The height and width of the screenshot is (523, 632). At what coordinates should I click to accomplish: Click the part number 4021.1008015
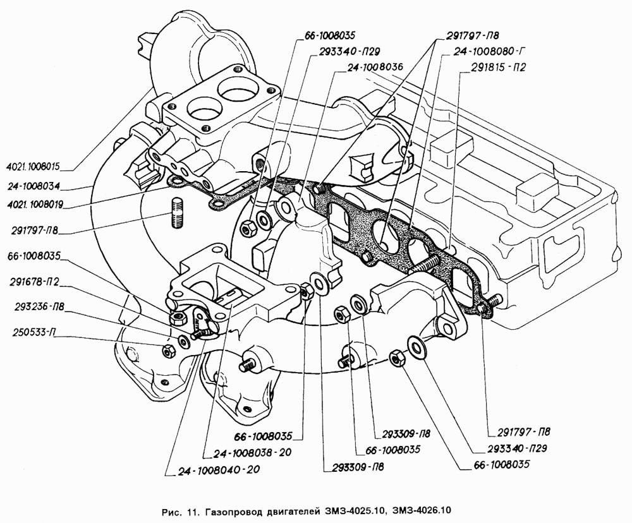[x=33, y=165]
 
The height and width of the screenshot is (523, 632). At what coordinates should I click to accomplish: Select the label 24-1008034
[x=33, y=186]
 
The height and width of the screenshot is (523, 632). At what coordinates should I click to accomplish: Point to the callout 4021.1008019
[x=35, y=205]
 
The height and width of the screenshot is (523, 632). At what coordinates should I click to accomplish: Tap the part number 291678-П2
[x=34, y=282]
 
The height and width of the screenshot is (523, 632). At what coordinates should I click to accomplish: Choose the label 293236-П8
[x=39, y=307]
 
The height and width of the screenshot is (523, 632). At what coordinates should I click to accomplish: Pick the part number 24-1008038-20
[x=252, y=452]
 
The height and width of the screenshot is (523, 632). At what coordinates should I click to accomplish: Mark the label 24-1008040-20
[x=219, y=469]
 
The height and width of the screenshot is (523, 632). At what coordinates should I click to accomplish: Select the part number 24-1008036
[x=375, y=68]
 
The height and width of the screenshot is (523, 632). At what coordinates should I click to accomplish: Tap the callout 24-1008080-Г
[x=485, y=51]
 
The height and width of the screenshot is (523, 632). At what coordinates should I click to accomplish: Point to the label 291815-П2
[x=499, y=68]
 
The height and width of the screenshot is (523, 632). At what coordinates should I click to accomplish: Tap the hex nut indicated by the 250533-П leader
[x=169, y=351]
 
